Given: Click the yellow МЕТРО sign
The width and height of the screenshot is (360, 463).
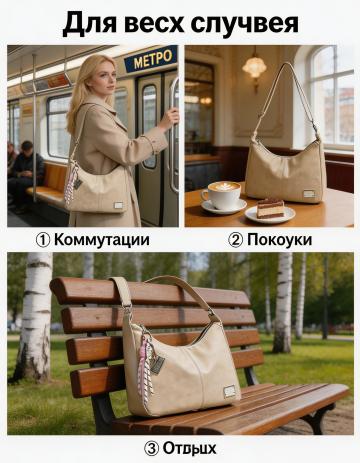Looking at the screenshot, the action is pyautogui.click(x=151, y=59).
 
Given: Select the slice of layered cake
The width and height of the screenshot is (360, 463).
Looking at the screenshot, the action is pyautogui.click(x=270, y=208).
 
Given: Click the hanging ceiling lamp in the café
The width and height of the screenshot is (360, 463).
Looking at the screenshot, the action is pyautogui.click(x=254, y=66).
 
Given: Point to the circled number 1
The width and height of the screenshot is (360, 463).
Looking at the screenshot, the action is pyautogui.click(x=43, y=240).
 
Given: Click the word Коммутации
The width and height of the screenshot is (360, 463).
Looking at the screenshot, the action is pyautogui.click(x=102, y=240).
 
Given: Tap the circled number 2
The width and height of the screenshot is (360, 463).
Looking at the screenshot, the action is pyautogui.click(x=236, y=240).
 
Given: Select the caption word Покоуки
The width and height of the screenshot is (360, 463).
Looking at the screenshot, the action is pyautogui.click(x=279, y=240).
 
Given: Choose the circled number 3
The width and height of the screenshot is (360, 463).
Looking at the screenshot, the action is pyautogui.click(x=151, y=449).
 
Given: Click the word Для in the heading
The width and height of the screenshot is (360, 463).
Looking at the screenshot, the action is pyautogui.click(x=90, y=23).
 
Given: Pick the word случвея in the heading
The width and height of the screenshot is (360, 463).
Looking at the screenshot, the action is pyautogui.click(x=245, y=24).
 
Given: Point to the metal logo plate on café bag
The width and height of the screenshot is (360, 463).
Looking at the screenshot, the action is pyautogui.click(x=309, y=194).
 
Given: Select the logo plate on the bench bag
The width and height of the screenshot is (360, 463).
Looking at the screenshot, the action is pyautogui.click(x=230, y=391).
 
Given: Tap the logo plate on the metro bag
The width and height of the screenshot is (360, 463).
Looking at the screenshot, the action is pyautogui.click(x=119, y=205).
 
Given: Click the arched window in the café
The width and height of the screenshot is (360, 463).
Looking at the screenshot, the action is pyautogui.click(x=331, y=96).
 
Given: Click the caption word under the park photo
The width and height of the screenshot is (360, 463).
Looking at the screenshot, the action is pyautogui.click(x=189, y=449).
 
